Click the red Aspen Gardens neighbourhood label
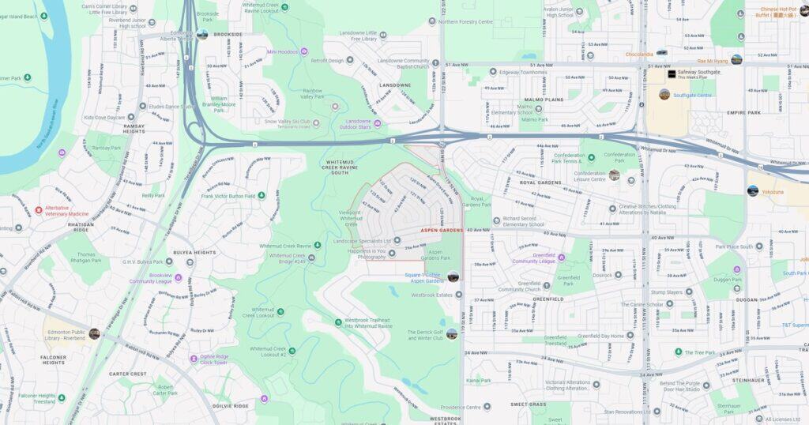441,230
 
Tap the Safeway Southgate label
698,72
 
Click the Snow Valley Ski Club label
287,122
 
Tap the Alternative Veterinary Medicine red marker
39,211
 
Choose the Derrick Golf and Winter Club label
426,335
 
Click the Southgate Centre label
692,95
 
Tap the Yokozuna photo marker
752,190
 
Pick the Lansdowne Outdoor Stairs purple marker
377,122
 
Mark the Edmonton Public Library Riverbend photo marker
94,333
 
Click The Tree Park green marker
678,352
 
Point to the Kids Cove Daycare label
104,118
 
